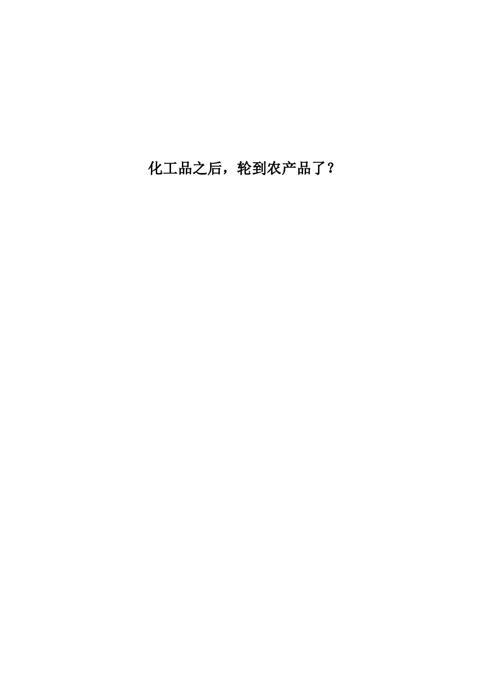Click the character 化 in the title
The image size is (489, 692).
[x=156, y=168]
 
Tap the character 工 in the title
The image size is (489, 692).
[x=171, y=168]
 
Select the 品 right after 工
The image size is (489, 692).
[x=185, y=168]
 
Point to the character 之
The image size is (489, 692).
[x=200, y=168]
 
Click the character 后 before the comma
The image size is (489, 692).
[x=215, y=168]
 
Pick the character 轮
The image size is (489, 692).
[x=244, y=168]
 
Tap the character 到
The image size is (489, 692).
[x=259, y=168]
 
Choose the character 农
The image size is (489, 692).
[x=274, y=168]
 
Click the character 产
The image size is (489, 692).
[x=289, y=168]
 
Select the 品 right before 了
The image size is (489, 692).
[x=304, y=168]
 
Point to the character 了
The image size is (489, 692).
[x=318, y=168]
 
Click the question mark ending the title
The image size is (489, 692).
[x=330, y=168]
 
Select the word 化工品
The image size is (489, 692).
[x=171, y=168]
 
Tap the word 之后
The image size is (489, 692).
[x=208, y=168]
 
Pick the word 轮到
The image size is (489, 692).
[x=252, y=168]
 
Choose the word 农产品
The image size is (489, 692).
[x=289, y=168]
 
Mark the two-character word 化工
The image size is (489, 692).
[x=163, y=168]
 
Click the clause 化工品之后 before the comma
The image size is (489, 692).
[x=185, y=168]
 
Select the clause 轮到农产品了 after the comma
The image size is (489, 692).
[x=281, y=168]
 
